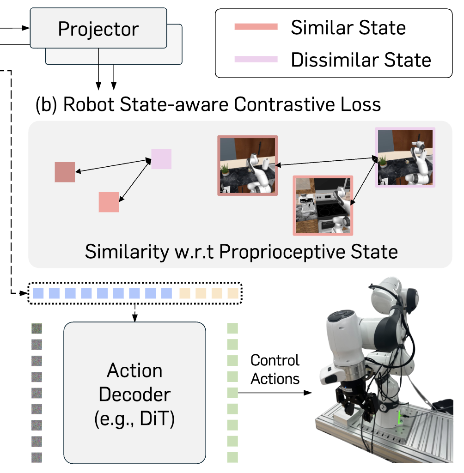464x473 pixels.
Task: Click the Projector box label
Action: [x=98, y=29]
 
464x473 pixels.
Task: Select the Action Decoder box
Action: [x=134, y=392]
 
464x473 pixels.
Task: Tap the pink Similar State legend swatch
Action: [x=256, y=27]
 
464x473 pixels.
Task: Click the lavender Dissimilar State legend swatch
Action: [x=256, y=59]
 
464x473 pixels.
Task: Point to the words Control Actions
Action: [x=275, y=370]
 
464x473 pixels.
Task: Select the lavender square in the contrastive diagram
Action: [x=161, y=159]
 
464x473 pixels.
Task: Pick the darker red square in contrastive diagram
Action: [x=65, y=172]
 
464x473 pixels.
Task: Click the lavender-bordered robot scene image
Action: [x=405, y=157]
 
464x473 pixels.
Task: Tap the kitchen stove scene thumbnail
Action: [x=323, y=205]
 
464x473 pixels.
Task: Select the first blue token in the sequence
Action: [x=38, y=292]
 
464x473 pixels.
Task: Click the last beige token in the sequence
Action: [x=233, y=292]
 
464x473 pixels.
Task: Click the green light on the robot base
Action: [x=399, y=418]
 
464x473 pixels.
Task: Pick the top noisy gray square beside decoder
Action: [x=37, y=328]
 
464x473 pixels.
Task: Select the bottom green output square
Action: [x=233, y=458]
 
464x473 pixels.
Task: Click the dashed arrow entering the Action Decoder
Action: [x=134, y=312]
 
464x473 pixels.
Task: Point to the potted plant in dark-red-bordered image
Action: [x=226, y=170]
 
